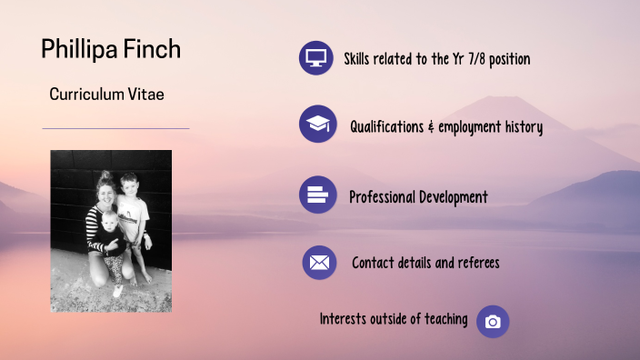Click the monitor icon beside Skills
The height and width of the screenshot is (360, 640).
pos(316,58)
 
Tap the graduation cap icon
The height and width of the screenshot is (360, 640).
pos(317,125)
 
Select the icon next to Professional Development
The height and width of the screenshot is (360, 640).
pos(317,195)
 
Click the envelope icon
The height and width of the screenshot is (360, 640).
pos(319,263)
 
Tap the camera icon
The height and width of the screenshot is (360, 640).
pos(493,322)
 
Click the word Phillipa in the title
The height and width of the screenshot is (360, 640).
pos(75,49)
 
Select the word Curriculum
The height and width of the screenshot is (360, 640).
pos(88,94)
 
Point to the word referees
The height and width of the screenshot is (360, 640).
pos(474,264)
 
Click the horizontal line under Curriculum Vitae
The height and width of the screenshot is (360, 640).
pos(115,128)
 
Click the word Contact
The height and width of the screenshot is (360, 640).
pos(374,264)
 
